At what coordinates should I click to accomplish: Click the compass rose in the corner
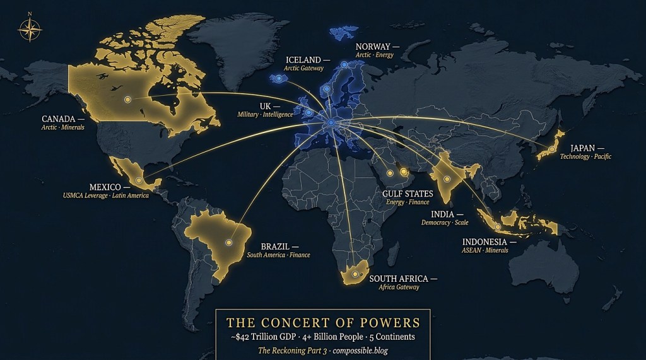click(30, 29)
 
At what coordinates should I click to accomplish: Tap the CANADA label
click(59, 119)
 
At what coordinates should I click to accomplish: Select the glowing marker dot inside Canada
click(127, 100)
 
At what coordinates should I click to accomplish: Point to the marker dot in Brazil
click(229, 241)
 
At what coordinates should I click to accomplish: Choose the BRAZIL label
click(275, 247)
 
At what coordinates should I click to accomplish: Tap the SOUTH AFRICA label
click(399, 279)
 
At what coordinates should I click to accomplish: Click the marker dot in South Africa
click(353, 274)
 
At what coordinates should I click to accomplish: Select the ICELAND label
click(303, 60)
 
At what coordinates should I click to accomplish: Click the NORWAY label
click(373, 47)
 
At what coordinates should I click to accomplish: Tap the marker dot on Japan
click(551, 149)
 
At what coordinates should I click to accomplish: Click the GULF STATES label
click(408, 194)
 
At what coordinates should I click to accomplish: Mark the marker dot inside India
click(447, 180)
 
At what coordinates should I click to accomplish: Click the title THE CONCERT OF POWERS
click(323, 323)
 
